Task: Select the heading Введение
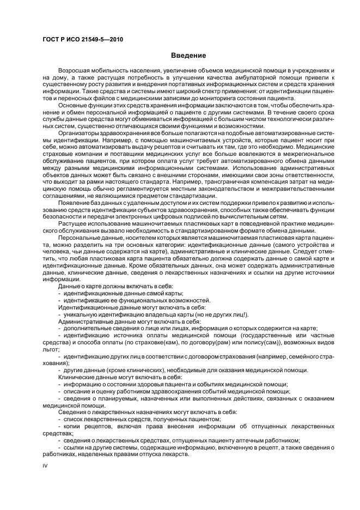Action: pyautogui.click(x=188, y=56)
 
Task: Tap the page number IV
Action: pyautogui.click(x=45, y=466)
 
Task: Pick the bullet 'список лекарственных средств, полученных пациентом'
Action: pyautogui.click(x=142, y=420)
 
